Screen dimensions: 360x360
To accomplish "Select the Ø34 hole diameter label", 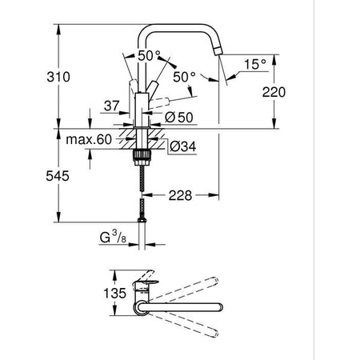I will (182, 147).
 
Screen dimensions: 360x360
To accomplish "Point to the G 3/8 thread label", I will (112, 238).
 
